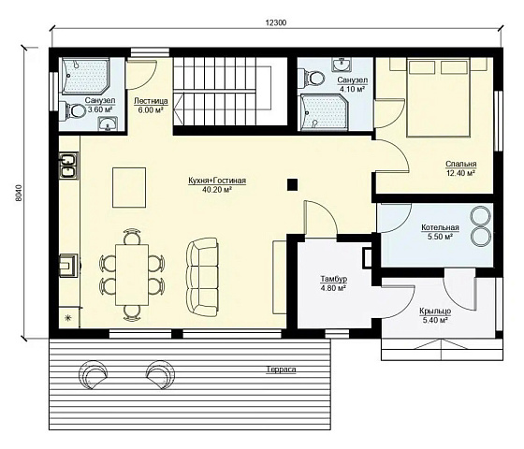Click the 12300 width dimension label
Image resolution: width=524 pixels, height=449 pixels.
[276, 22]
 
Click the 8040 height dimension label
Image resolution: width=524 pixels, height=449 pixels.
[19, 193]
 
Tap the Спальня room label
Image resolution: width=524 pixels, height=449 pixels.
[461, 164]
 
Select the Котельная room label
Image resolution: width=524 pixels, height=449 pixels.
[440, 227]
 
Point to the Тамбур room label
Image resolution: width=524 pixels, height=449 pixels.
[334, 279]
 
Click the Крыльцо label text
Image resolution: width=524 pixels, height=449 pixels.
[435, 311]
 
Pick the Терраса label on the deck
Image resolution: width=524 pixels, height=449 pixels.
[281, 369]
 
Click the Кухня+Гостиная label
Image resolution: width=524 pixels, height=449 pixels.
[217, 181]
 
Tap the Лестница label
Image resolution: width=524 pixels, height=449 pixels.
[151, 101]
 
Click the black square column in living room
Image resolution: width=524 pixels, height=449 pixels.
[293, 185]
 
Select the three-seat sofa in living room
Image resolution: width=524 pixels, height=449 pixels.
[202, 277]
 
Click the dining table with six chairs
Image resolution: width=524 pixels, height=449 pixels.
[132, 275]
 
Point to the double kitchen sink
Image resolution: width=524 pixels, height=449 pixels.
[68, 165]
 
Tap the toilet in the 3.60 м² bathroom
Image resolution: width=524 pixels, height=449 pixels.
[74, 111]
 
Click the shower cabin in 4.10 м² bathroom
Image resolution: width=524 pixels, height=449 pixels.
[323, 112]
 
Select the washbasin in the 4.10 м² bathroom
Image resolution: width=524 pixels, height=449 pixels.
[342, 64]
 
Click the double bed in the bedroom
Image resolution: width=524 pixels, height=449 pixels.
[438, 97]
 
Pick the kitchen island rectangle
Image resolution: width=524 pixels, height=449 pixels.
[129, 187]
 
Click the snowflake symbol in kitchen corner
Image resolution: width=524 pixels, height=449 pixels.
[66, 318]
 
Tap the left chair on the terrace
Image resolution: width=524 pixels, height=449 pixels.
[93, 375]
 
